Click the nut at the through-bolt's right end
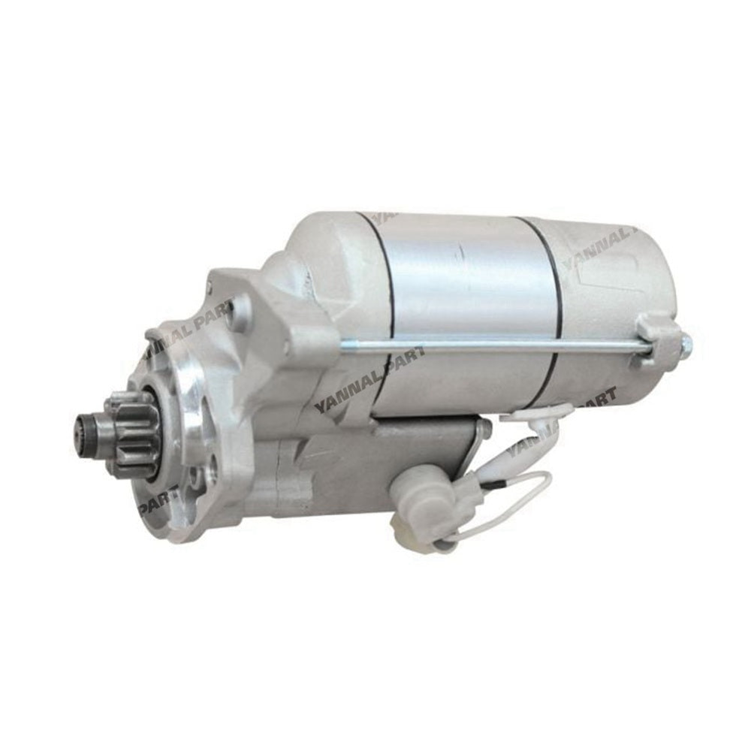click(684, 345)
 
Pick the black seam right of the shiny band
click(552, 300)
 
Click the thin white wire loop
click(518, 511)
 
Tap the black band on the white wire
click(489, 487)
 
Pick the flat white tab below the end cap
click(537, 413)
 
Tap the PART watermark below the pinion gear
click(158, 500)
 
